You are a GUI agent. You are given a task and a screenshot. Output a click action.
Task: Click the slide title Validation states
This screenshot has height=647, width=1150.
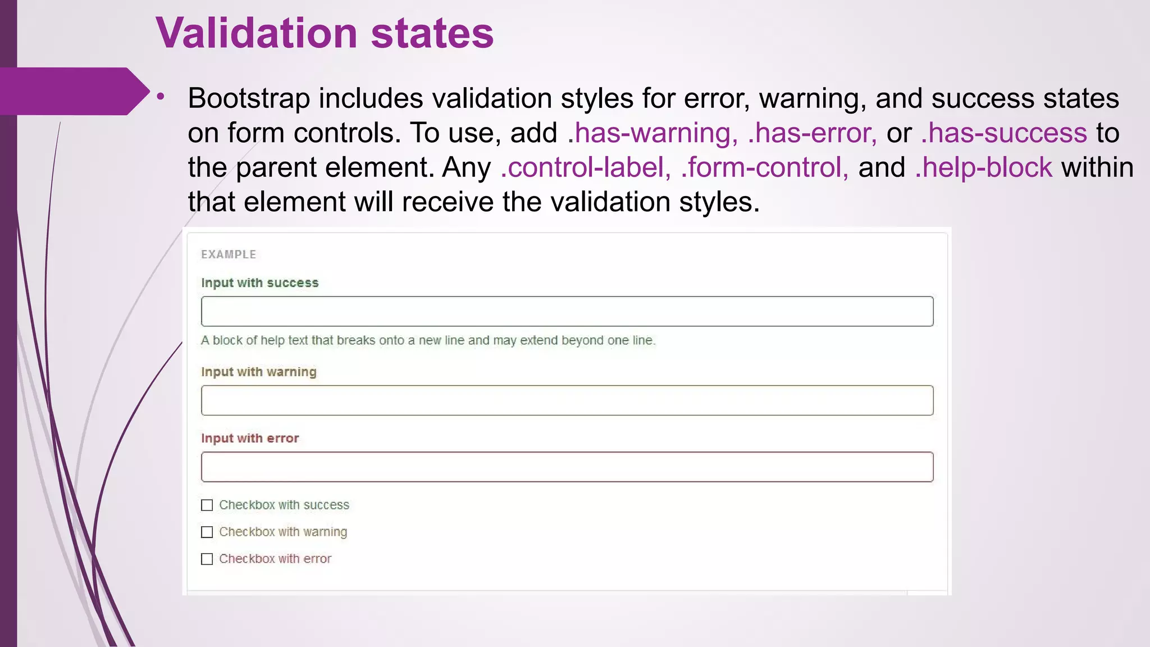(325, 34)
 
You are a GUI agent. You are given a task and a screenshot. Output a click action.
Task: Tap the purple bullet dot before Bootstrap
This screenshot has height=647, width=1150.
(161, 97)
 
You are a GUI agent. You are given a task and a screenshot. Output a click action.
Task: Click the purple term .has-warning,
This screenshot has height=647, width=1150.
(652, 133)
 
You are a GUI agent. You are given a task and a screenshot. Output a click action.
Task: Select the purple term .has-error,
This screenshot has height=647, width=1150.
(812, 133)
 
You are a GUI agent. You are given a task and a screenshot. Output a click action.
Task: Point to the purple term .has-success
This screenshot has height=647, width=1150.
(1004, 133)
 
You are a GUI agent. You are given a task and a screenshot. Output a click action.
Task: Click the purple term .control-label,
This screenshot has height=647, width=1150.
(585, 167)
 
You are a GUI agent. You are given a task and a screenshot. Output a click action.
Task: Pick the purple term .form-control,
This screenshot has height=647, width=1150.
(764, 167)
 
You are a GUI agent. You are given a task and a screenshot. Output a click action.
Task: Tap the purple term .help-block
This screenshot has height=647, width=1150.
(984, 167)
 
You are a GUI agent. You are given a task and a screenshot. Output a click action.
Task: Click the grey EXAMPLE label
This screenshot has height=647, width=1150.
(229, 254)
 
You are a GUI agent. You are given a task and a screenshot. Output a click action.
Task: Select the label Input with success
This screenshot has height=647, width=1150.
(259, 283)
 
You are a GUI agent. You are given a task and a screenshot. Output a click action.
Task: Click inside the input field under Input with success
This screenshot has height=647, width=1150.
(567, 311)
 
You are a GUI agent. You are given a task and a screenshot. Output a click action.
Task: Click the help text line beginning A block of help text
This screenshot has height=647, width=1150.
(428, 340)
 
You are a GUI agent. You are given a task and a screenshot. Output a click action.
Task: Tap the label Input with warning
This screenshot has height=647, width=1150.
(258, 372)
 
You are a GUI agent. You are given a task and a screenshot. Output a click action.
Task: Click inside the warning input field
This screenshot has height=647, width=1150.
(567, 400)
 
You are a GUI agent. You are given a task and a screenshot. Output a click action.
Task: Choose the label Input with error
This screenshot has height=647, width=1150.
(250, 438)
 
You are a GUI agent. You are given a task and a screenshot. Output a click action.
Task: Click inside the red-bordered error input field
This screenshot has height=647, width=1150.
(567, 467)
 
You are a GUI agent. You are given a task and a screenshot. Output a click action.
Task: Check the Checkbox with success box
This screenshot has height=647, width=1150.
(207, 505)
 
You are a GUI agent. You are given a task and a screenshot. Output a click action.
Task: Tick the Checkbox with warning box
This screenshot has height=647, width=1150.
(207, 532)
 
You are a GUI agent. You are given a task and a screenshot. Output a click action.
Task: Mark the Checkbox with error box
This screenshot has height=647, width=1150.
(207, 559)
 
